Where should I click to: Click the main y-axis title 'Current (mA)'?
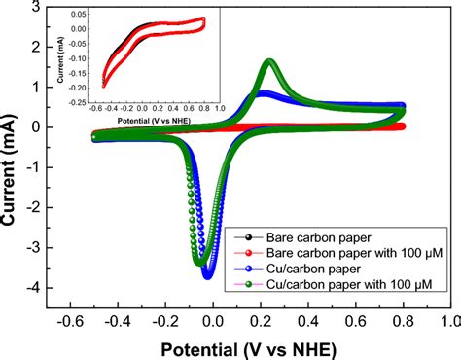click(14, 156)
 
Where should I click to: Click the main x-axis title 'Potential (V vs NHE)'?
click(248, 345)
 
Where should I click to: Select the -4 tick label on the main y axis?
click(31, 289)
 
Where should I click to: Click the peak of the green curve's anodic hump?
click(268, 62)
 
